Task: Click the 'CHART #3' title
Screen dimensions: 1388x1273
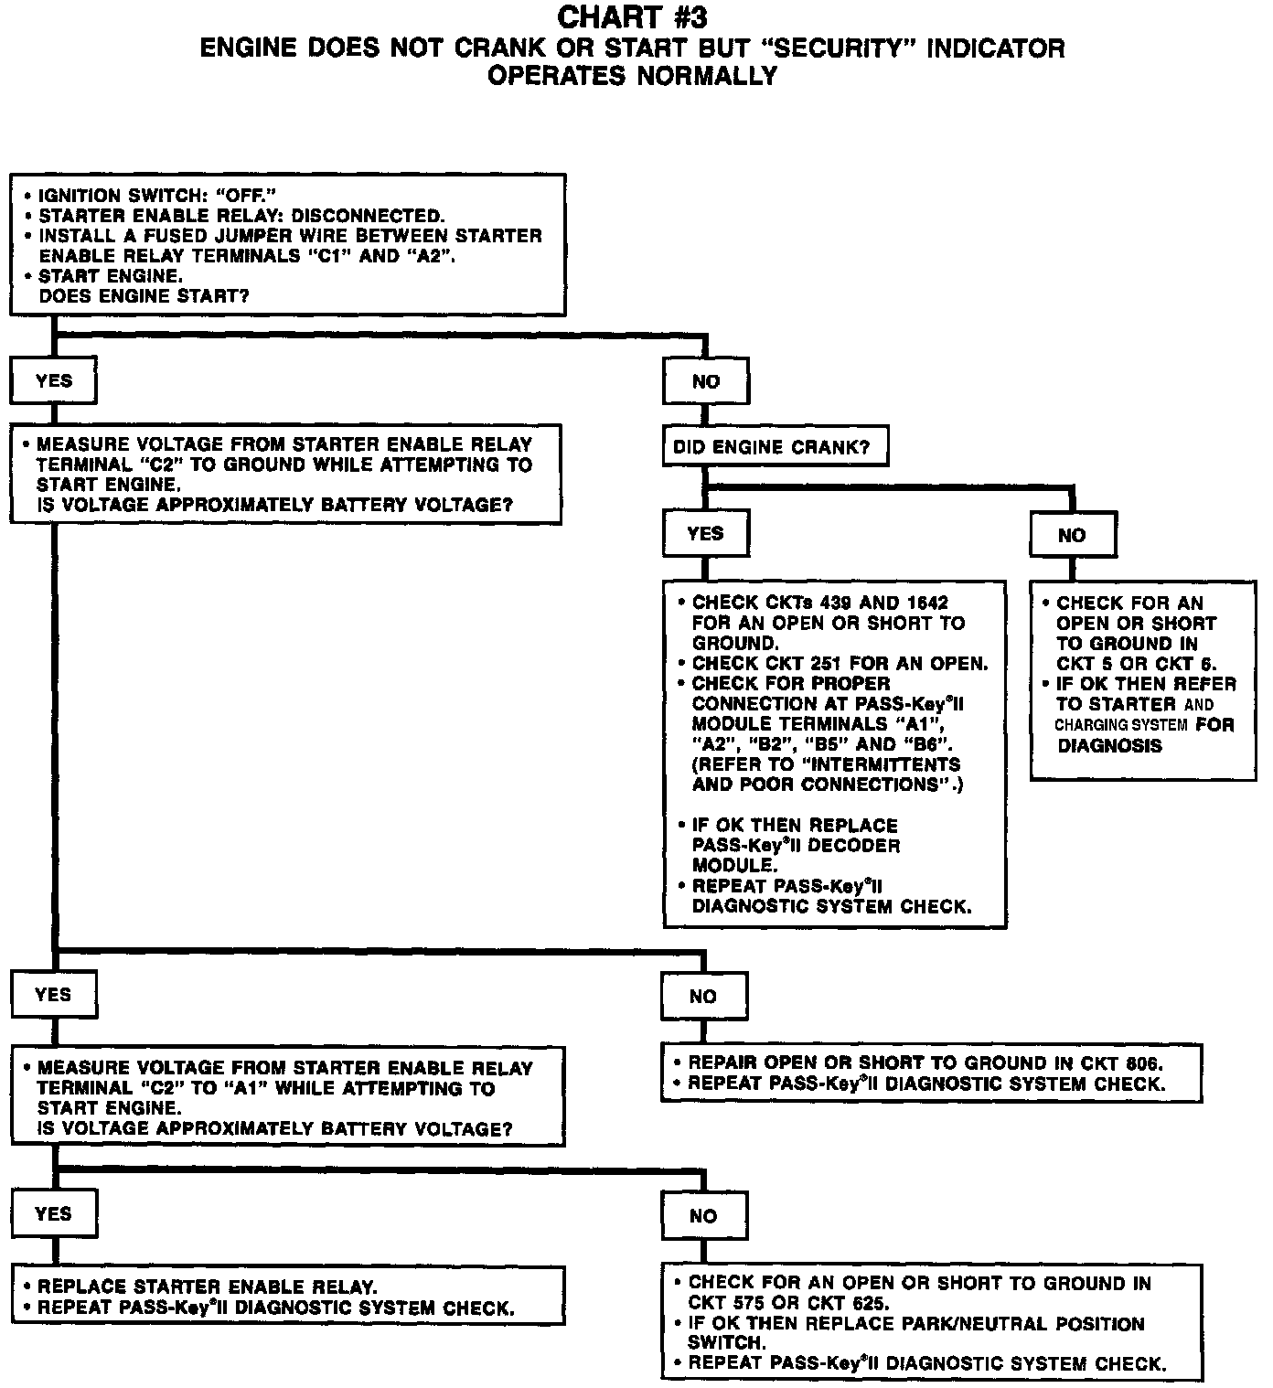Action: tap(632, 17)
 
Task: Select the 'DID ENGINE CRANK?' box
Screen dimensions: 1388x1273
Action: tap(774, 447)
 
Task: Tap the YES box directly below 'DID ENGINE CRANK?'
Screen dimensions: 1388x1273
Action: tap(705, 533)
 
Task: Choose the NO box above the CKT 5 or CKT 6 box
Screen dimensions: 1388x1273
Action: tap(1071, 535)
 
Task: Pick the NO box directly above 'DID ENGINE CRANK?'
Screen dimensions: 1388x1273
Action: tap(705, 381)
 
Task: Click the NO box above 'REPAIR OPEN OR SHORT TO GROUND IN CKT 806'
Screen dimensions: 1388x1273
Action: tap(702, 996)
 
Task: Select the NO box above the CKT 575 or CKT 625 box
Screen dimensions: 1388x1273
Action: tap(702, 1215)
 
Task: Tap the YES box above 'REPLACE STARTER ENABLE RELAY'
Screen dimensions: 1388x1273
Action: tap(53, 1213)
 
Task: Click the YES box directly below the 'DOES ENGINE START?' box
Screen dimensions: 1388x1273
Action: tap(53, 380)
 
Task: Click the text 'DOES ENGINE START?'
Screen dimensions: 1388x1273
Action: tap(144, 296)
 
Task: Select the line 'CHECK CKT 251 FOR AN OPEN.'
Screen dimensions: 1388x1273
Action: tap(840, 664)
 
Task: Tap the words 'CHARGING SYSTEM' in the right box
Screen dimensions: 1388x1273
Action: tap(1121, 725)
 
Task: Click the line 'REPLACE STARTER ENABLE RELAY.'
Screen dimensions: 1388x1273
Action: tap(208, 1287)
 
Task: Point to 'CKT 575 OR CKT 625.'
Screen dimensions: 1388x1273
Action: tap(788, 1304)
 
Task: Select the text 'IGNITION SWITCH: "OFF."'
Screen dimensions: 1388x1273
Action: tap(157, 196)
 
